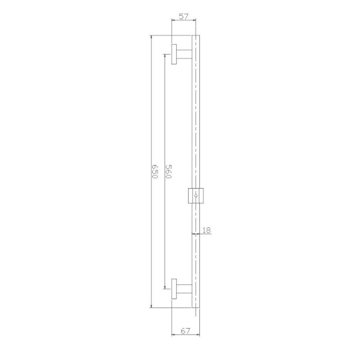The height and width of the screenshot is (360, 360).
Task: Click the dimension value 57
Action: pos(184,17)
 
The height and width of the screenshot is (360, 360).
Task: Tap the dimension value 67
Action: pos(185,331)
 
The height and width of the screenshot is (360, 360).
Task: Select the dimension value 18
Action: pos(207,230)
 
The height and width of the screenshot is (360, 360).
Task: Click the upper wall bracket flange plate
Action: pos(174,54)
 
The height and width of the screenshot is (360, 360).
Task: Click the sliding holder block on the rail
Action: pos(195,195)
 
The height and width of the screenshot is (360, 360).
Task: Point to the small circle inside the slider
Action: pos(195,196)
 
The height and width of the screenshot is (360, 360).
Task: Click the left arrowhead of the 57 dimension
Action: pos(174,20)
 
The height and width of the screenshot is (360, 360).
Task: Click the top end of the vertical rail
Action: pos(195,36)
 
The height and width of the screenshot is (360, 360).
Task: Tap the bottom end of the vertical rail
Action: pos(195,307)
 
